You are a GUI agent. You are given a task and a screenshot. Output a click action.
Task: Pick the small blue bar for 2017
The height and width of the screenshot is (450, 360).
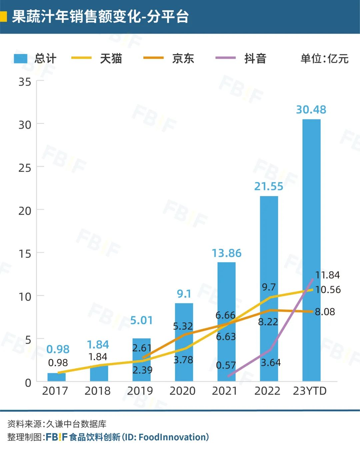click(56, 377)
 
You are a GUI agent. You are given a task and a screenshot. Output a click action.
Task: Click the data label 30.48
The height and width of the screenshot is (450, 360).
click(311, 110)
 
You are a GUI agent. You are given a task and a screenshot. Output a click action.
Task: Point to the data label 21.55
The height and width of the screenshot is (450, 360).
click(269, 186)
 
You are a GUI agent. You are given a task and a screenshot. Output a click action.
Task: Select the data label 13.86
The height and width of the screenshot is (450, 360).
click(227, 253)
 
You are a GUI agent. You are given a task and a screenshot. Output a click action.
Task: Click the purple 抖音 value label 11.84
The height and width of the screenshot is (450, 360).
click(328, 275)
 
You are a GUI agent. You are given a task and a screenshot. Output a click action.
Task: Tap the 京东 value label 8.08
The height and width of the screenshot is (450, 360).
click(325, 312)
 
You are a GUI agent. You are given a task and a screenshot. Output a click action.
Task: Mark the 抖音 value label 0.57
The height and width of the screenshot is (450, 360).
click(226, 365)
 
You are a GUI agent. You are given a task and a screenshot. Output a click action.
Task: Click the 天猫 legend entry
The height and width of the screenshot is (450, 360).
click(97, 58)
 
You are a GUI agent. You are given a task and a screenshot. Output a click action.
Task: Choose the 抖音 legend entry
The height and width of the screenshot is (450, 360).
click(241, 58)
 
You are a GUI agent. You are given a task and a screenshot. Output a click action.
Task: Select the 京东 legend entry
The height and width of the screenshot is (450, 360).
click(169, 58)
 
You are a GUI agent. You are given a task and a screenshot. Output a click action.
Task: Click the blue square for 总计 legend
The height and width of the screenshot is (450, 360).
click(20, 58)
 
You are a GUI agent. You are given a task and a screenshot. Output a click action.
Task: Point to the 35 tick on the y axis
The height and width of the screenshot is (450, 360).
click(25, 82)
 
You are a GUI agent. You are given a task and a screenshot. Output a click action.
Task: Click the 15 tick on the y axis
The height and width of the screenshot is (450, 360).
click(25, 254)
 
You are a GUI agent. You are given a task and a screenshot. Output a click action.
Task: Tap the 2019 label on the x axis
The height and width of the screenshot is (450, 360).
click(140, 391)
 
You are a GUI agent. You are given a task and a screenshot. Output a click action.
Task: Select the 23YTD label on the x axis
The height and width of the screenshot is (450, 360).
click(310, 391)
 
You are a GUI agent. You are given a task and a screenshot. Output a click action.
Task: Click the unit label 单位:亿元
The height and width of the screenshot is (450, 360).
click(324, 59)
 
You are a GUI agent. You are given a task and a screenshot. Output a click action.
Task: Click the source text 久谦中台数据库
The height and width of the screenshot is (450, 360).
click(76, 424)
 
